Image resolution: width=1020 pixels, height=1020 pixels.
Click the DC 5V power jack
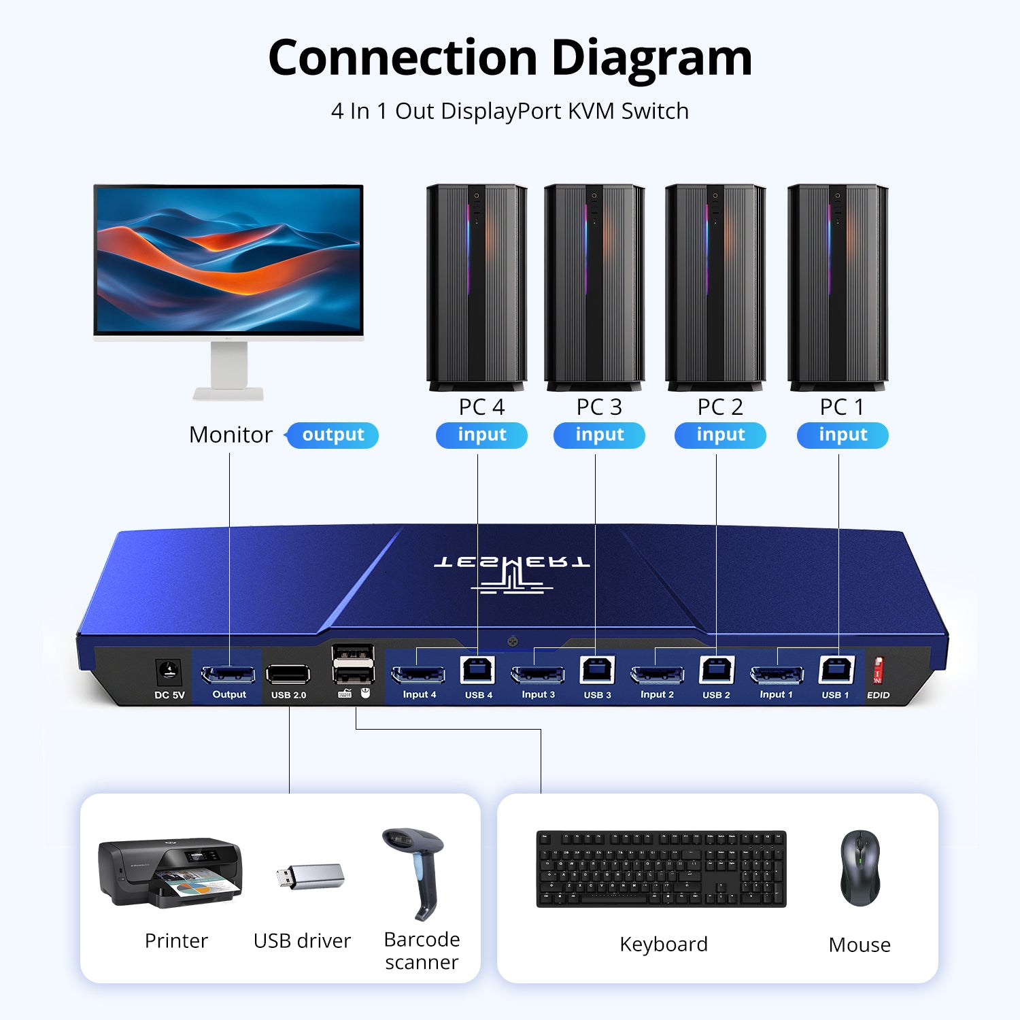click(x=168, y=673)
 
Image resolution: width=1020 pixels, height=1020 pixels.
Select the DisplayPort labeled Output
click(x=228, y=675)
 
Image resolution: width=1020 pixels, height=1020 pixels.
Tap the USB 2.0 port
click(x=288, y=674)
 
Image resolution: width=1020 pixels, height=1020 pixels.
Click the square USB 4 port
click(x=477, y=671)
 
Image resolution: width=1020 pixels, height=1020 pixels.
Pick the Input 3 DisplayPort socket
click(x=538, y=675)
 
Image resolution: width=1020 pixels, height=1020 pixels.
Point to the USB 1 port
click(x=837, y=671)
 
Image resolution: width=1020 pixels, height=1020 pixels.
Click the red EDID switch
click(x=878, y=671)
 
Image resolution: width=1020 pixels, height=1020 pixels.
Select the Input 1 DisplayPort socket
click(x=777, y=675)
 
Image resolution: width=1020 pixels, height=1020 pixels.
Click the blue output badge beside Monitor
click(x=333, y=435)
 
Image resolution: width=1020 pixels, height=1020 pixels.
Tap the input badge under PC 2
click(x=720, y=435)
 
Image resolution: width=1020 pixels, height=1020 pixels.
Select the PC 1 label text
click(x=842, y=407)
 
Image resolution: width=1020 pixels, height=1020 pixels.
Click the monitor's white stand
click(x=229, y=371)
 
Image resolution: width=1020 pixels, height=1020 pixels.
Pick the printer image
click(x=170, y=872)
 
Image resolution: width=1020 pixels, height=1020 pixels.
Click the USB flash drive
click(x=311, y=877)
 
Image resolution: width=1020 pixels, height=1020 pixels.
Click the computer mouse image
click(x=860, y=868)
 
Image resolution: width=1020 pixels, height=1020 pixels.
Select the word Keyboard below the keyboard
click(x=664, y=944)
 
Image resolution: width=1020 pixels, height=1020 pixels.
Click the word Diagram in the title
click(x=651, y=58)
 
